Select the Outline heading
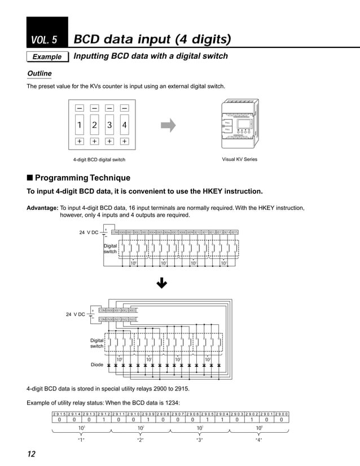[39, 74]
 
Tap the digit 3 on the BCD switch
[109, 125]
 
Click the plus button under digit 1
[80, 142]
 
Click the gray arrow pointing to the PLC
[168, 125]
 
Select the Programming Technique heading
[78, 178]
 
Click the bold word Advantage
[42, 208]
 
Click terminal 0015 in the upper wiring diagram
[234, 232]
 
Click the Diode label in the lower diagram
[97, 365]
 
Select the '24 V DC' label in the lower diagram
[75, 314]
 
